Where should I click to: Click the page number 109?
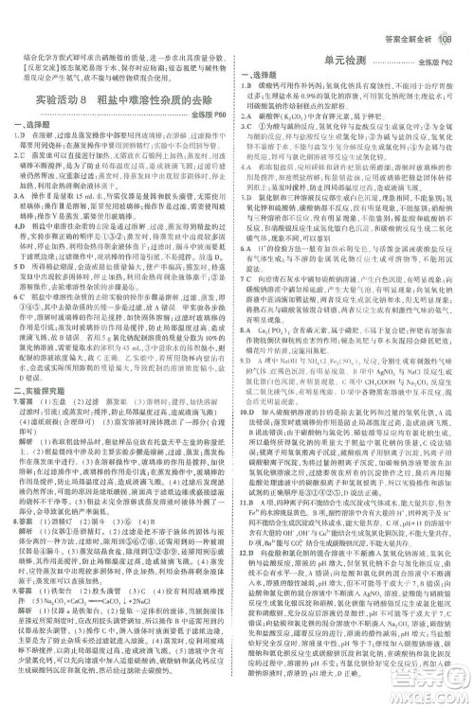[448, 11]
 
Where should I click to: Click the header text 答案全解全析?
[406, 11]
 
